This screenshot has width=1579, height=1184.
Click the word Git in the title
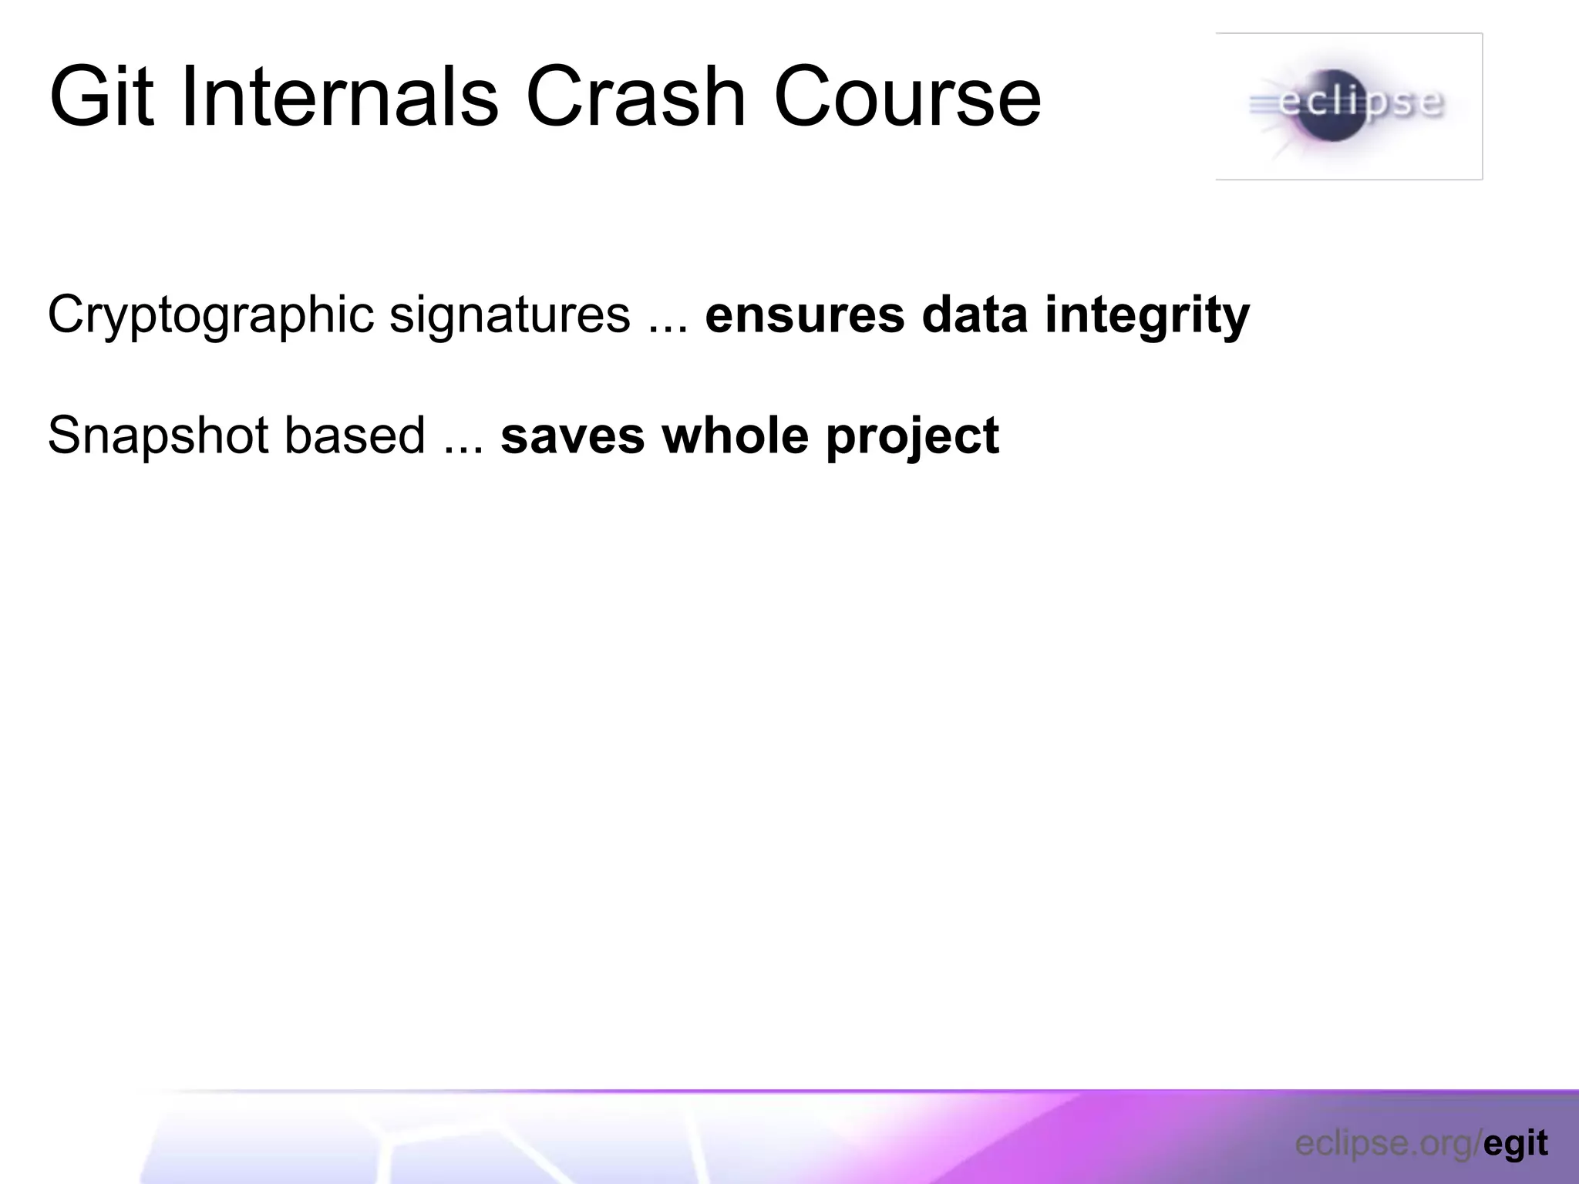pyautogui.click(x=101, y=98)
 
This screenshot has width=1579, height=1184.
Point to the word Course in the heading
pyautogui.click(x=907, y=98)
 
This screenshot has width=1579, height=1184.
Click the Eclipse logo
pyautogui.click(x=1348, y=106)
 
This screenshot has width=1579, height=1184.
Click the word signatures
pyautogui.click(x=510, y=314)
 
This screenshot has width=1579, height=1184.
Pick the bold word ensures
pyautogui.click(x=804, y=314)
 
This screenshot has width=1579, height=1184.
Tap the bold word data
pyautogui.click(x=975, y=314)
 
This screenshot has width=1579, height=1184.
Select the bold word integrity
pyautogui.click(x=1146, y=314)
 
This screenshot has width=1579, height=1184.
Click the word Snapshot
pyautogui.click(x=159, y=436)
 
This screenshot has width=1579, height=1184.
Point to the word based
pyautogui.click(x=355, y=436)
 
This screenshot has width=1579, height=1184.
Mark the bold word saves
pyautogui.click(x=572, y=436)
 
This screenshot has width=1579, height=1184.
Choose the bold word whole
pyautogui.click(x=735, y=436)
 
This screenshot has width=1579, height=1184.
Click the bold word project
pyautogui.click(x=912, y=436)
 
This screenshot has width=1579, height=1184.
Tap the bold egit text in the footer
pyautogui.click(x=1515, y=1143)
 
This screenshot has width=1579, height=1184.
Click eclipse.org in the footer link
pyautogui.click(x=1385, y=1143)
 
